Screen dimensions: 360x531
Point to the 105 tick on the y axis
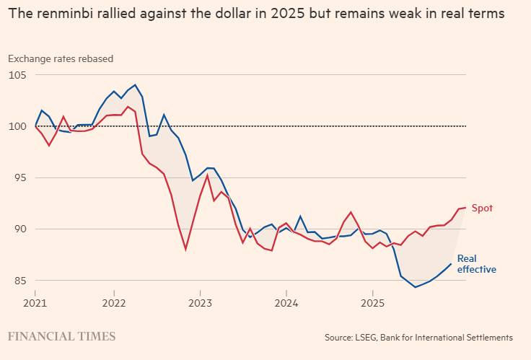17,75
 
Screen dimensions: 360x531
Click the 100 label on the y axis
17,126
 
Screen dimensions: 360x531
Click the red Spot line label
482,208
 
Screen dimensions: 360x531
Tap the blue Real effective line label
476,264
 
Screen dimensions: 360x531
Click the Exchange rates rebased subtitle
61,58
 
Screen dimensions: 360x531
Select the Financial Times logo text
61,336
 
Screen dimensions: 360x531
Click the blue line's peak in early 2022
135,84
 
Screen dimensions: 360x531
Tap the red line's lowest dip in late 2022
185,250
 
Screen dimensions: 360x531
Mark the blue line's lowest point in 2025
415,287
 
